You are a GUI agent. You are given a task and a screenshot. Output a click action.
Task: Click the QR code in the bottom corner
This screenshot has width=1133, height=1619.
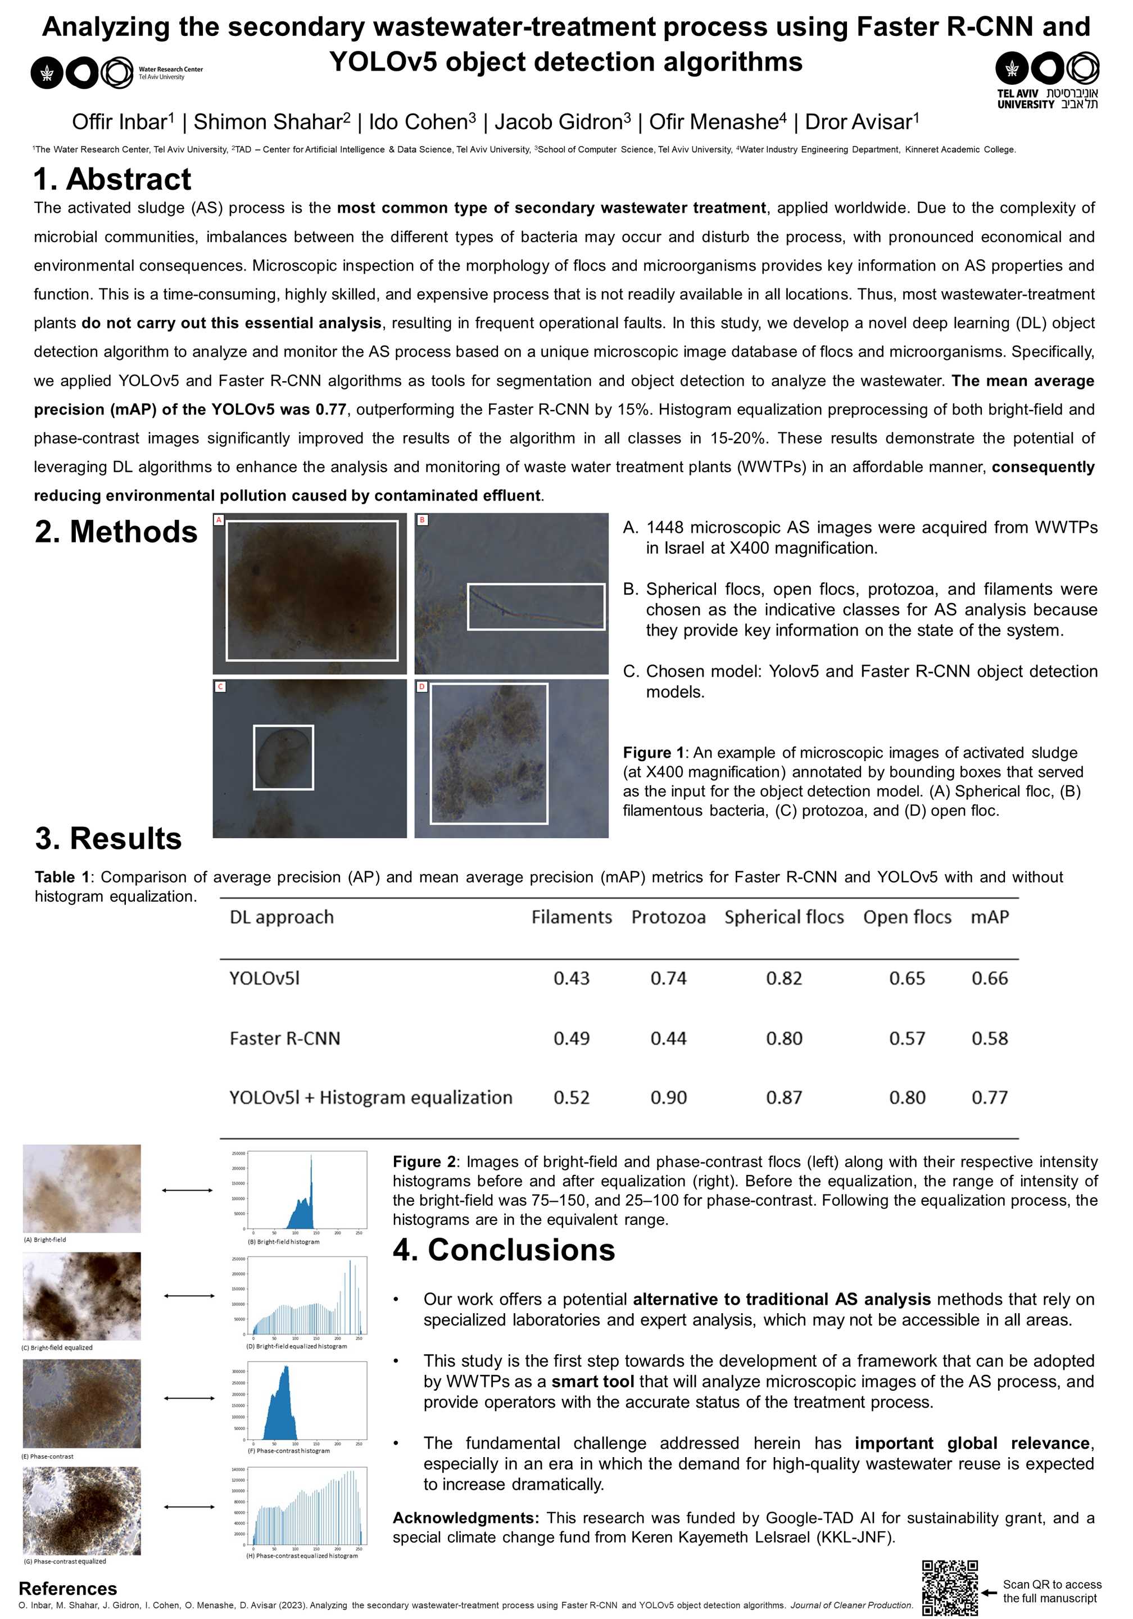pos(949,1588)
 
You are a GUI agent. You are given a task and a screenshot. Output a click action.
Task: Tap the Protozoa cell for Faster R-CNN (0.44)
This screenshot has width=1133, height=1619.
pos(668,1038)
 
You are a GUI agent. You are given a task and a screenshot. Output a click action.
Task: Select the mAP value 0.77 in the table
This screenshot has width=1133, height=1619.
pos(989,1097)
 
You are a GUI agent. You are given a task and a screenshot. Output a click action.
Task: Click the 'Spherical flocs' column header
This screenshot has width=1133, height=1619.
pos(783,917)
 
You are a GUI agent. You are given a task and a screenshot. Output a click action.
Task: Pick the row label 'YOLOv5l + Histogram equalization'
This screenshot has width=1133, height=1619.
pos(370,1097)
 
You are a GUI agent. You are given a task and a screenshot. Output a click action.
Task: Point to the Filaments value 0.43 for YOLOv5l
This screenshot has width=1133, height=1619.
pos(571,978)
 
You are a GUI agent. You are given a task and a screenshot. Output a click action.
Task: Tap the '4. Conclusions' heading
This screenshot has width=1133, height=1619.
pos(504,1250)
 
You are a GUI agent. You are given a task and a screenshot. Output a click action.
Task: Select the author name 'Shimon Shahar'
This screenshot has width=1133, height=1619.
pos(268,122)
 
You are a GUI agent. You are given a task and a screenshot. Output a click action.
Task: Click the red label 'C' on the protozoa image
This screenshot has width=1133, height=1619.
pos(220,686)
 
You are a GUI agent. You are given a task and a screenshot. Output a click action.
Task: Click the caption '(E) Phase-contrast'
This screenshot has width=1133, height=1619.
pos(48,1456)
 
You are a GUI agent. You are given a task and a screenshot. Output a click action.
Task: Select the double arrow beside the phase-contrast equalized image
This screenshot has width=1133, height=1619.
pos(189,1507)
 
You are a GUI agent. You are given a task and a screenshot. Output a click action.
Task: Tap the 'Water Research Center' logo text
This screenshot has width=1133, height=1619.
pos(171,70)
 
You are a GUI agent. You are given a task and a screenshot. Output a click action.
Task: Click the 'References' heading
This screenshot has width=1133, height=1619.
pos(67,1589)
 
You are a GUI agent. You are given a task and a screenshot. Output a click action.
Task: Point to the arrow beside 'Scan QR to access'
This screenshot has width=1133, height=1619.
pos(989,1592)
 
